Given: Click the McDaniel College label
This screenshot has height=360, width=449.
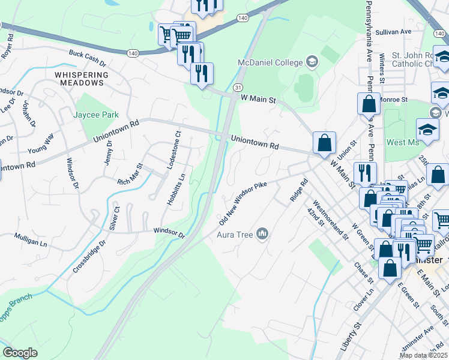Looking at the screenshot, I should click(x=271, y=62).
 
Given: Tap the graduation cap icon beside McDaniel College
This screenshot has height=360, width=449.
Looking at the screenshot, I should click(x=312, y=61).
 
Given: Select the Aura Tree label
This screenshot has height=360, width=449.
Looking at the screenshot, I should click(x=235, y=233).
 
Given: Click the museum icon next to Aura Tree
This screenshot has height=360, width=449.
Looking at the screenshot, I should click(x=262, y=233).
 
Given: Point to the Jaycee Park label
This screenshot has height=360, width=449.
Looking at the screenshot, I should click(x=96, y=115).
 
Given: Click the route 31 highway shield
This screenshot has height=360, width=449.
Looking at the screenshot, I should click(x=238, y=88).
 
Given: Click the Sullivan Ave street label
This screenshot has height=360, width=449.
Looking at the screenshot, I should click(x=394, y=31).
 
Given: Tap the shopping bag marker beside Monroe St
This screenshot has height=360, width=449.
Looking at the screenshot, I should click(x=368, y=104).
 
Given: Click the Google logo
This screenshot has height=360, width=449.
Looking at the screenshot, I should click(x=20, y=352).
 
